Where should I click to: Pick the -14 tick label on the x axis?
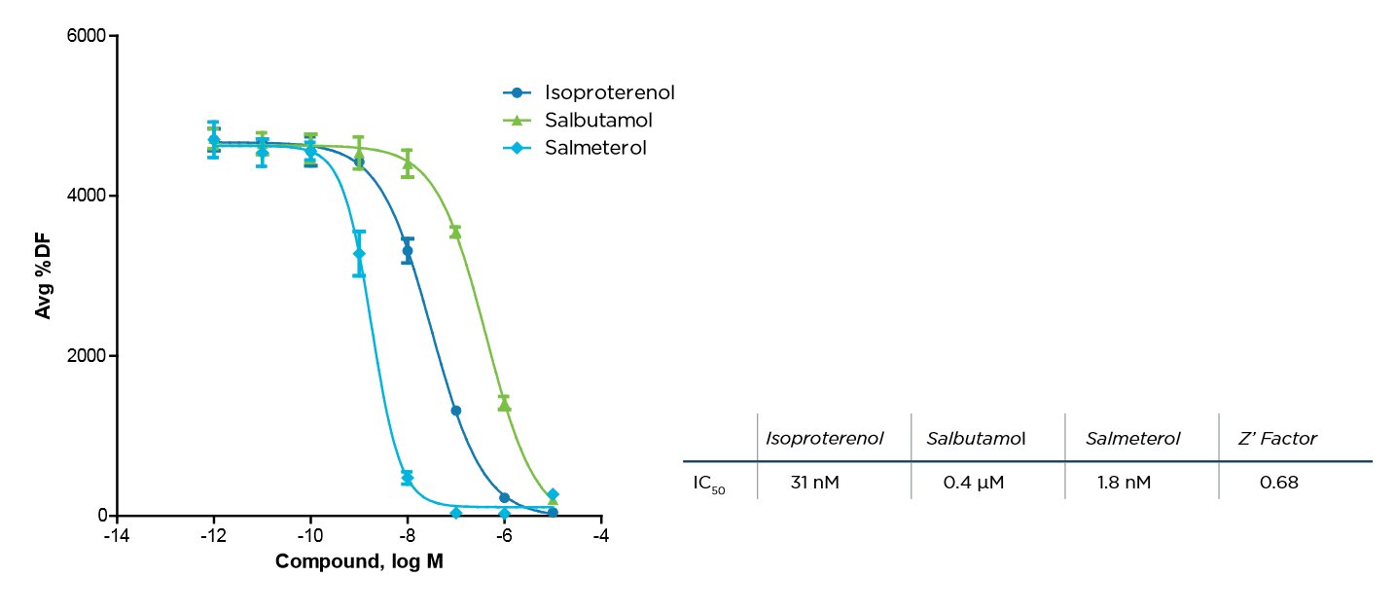tap(116, 536)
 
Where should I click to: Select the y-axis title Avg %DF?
tap(44, 275)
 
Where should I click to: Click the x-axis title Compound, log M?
tap(359, 561)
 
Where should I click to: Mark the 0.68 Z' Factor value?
tap(1278, 483)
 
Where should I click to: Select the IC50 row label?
tap(709, 484)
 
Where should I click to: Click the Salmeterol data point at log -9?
tap(359, 253)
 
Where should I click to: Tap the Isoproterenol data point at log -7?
tap(455, 411)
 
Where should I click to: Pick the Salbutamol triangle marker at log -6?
tap(504, 404)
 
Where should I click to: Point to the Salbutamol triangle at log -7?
tap(455, 232)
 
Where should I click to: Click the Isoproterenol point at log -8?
tap(408, 251)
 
